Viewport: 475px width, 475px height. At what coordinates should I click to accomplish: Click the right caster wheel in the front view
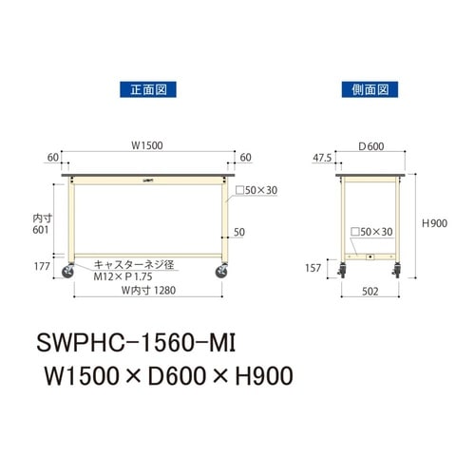point(222,273)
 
